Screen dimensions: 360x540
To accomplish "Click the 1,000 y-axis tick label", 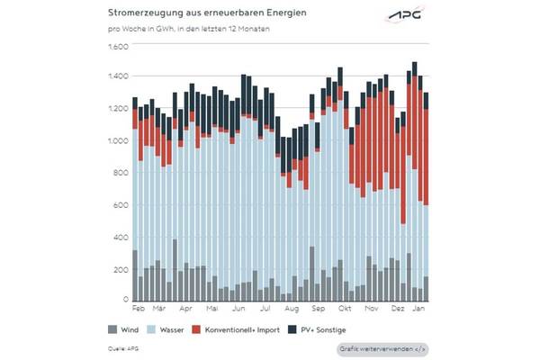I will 119,141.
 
